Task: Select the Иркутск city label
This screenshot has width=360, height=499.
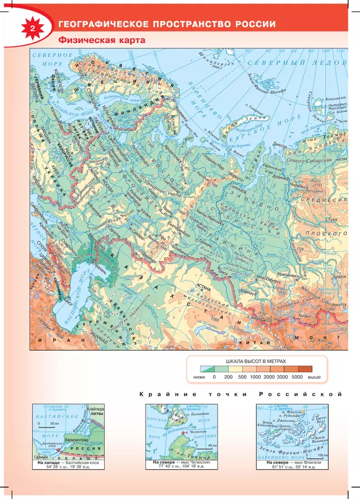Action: pyautogui.click(x=339, y=303)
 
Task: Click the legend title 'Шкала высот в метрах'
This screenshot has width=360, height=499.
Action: pyautogui.click(x=255, y=361)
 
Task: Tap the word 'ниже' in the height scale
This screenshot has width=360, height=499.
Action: pyautogui.click(x=199, y=377)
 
